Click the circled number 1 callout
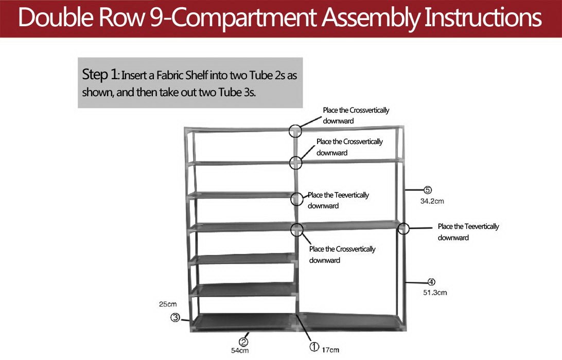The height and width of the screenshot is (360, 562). click(x=313, y=347)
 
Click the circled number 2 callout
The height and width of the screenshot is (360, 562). click(x=244, y=341)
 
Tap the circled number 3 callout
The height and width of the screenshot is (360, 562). click(x=175, y=318)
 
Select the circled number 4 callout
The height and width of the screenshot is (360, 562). click(x=432, y=282)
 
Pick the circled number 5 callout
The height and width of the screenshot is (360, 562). click(x=428, y=190)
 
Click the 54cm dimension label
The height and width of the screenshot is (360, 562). click(x=240, y=351)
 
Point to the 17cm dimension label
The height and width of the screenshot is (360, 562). click(x=331, y=350)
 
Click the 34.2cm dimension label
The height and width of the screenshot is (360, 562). click(x=432, y=201)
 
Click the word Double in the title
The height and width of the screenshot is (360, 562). click(x=55, y=17)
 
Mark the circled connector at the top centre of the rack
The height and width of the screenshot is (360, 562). click(x=295, y=131)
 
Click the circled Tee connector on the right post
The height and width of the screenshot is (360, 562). click(x=402, y=229)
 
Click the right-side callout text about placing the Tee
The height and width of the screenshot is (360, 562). click(x=468, y=232)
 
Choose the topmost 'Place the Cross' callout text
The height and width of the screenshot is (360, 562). click(x=356, y=115)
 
